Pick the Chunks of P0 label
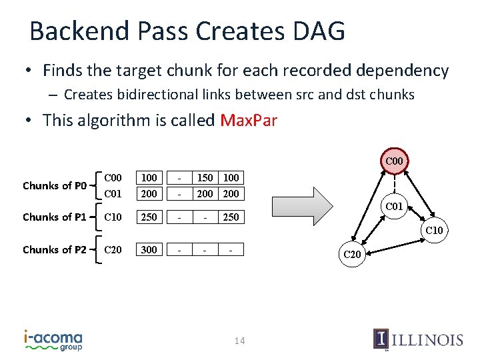point(55,185)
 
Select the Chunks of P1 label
point(55,217)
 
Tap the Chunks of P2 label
point(55,249)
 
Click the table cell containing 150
point(205,178)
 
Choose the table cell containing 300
point(149,249)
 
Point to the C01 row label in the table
point(113,193)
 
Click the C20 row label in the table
point(113,249)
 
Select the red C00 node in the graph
point(394,161)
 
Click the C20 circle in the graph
point(351,253)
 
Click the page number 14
point(240,341)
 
